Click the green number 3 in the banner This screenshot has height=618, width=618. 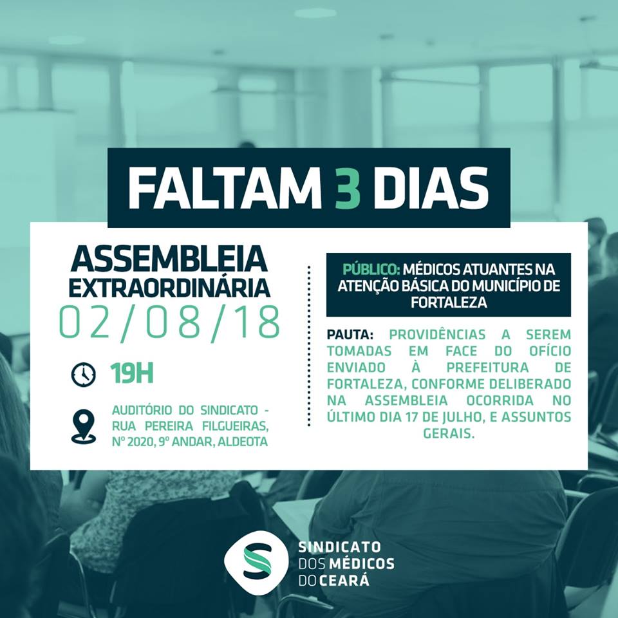[348, 188]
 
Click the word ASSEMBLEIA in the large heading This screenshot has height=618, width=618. [169, 259]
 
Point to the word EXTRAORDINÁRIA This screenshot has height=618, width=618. [169, 287]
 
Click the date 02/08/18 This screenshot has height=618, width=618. [169, 323]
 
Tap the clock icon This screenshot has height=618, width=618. [83, 374]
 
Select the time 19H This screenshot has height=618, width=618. [131, 373]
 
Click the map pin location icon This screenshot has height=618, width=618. [83, 426]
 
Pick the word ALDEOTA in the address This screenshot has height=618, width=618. [243, 442]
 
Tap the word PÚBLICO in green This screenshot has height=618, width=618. [371, 269]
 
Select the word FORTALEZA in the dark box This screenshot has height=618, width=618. [449, 303]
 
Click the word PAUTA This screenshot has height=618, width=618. [350, 335]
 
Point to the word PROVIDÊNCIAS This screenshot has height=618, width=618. [437, 335]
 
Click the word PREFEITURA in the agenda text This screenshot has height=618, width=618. [487, 368]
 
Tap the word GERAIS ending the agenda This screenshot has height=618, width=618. [449, 433]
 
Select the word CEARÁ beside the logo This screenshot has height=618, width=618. [344, 581]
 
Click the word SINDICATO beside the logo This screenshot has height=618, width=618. [339, 547]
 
